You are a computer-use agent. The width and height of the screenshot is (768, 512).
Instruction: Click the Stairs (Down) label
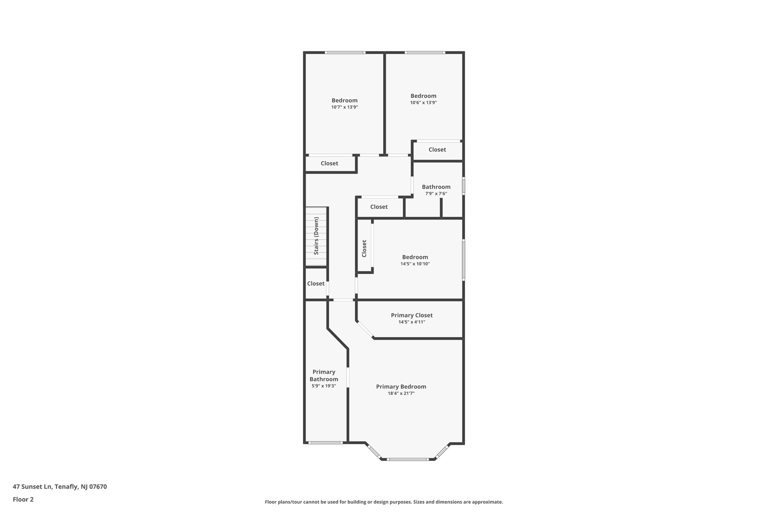[316, 236]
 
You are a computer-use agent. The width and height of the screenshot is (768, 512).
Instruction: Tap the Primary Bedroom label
[401, 387]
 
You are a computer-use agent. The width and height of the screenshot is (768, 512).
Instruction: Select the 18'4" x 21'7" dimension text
[401, 393]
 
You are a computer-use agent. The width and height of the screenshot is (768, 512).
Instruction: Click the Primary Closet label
[412, 315]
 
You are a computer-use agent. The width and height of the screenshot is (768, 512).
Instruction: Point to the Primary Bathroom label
[324, 375]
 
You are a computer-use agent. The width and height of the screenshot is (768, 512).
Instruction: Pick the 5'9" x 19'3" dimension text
[324, 386]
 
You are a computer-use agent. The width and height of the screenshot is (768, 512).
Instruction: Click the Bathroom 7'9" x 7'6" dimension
[436, 194]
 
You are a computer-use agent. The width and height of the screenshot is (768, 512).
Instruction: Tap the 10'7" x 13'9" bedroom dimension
[344, 107]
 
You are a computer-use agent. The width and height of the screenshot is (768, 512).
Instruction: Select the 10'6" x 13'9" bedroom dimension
[423, 103]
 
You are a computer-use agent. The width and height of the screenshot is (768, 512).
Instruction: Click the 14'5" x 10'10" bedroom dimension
[415, 264]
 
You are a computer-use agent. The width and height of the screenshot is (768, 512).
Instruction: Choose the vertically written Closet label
[364, 248]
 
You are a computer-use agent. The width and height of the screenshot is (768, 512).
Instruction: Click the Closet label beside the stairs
[316, 284]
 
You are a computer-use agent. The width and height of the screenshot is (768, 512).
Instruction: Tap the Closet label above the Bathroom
[437, 150]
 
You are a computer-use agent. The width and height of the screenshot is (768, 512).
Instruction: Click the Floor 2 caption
[23, 499]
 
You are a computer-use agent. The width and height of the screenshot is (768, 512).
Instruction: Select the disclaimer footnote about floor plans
[384, 502]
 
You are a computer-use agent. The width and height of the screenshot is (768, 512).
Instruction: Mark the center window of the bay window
[407, 459]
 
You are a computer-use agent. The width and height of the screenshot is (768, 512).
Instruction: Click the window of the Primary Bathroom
[325, 443]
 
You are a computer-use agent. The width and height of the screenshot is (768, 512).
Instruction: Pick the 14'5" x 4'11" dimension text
[412, 322]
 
